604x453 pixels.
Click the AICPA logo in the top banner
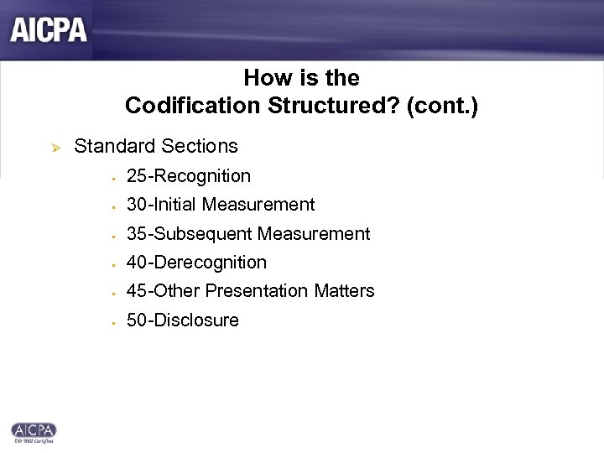(49, 30)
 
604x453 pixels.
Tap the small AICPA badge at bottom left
(33, 430)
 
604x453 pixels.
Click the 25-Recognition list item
(188, 176)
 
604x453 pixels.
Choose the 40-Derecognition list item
(195, 263)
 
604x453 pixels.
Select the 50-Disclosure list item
(182, 320)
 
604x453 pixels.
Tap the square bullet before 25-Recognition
(111, 178)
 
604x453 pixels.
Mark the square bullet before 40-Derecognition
(111, 264)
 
